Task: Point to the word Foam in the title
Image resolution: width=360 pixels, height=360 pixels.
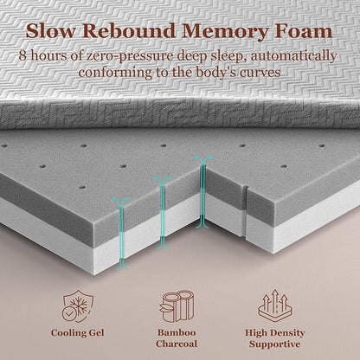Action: click(304, 31)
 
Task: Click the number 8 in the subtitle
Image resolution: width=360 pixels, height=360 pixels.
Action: click(22, 55)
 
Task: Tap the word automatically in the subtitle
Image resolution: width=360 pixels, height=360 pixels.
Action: click(293, 56)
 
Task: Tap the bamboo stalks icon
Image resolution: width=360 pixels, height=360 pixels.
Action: click(177, 306)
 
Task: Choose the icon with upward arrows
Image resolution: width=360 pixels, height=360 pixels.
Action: click(276, 306)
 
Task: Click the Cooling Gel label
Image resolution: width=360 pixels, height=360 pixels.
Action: click(77, 333)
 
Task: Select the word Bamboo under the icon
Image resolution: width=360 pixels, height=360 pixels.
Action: click(177, 332)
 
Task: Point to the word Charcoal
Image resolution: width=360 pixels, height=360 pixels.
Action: click(177, 344)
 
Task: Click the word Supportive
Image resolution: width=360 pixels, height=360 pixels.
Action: click(274, 344)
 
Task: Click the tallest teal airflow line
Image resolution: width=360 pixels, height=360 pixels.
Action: click(203, 192)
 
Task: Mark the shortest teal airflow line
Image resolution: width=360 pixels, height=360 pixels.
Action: click(121, 234)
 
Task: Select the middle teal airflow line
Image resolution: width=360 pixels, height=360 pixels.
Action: click(163, 213)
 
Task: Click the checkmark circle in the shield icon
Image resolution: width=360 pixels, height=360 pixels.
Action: click(68, 312)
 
